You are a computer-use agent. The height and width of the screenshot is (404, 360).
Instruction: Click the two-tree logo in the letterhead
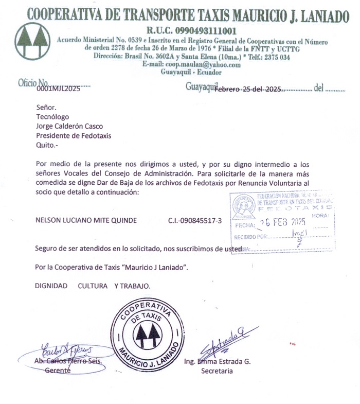pos(33,43)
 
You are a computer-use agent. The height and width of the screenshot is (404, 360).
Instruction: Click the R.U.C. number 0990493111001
pos(191,31)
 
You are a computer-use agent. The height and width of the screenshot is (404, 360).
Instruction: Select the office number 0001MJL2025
pos(58,89)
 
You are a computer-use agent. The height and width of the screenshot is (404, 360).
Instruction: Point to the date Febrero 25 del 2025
pos(249,89)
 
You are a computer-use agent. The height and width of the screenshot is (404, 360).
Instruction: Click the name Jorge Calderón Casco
pos(69,126)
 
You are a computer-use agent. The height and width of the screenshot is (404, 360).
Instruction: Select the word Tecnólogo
pos(52,117)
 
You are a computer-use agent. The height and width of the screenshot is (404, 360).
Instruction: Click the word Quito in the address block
pos(45,146)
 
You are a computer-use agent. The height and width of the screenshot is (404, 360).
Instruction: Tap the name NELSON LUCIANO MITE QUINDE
pos(86,220)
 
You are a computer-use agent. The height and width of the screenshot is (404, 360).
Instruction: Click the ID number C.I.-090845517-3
pos(195,220)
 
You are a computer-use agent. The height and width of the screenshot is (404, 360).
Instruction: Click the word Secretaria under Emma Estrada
pos(217,371)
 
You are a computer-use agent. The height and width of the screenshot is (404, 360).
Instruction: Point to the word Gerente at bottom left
pos(58,371)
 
